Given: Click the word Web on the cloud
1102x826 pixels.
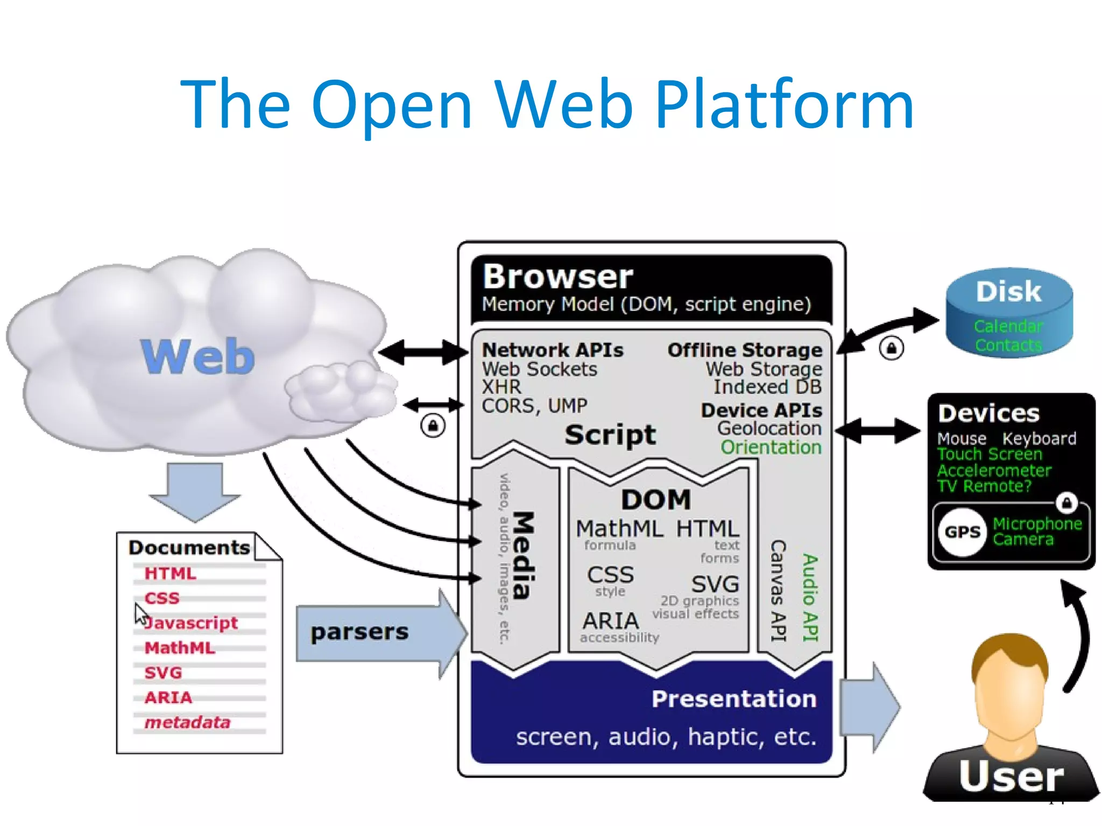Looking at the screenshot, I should point(197,356).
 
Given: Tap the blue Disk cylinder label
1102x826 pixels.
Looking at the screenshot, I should point(1008,292).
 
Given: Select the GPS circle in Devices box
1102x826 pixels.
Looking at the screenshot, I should point(963,532).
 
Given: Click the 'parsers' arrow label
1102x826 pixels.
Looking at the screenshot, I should point(359,632).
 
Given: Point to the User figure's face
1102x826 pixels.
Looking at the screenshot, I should point(1011,694).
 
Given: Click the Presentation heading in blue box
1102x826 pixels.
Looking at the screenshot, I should point(733,699).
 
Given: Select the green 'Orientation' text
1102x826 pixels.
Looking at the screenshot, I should point(771,447).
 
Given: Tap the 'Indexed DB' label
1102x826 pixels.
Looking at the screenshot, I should point(767,387).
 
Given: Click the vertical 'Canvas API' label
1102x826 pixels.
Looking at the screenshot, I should point(779,590).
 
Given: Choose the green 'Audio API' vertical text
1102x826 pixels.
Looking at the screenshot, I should point(810,597).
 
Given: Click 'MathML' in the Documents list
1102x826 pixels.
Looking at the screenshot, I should point(180,647).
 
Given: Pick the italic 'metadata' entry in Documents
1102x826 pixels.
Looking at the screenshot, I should point(187,722).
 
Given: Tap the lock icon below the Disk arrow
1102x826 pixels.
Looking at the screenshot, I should point(891,348).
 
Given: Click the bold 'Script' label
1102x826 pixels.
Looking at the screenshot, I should point(610,434).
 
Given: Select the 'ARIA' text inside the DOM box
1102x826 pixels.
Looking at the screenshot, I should point(610,621).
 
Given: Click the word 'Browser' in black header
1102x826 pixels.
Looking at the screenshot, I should point(557,277).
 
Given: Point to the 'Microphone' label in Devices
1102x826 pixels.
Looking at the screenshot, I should point(1037,524).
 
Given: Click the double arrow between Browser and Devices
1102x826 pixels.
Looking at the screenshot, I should point(877,430).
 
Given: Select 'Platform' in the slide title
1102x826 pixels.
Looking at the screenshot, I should point(785,104).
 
